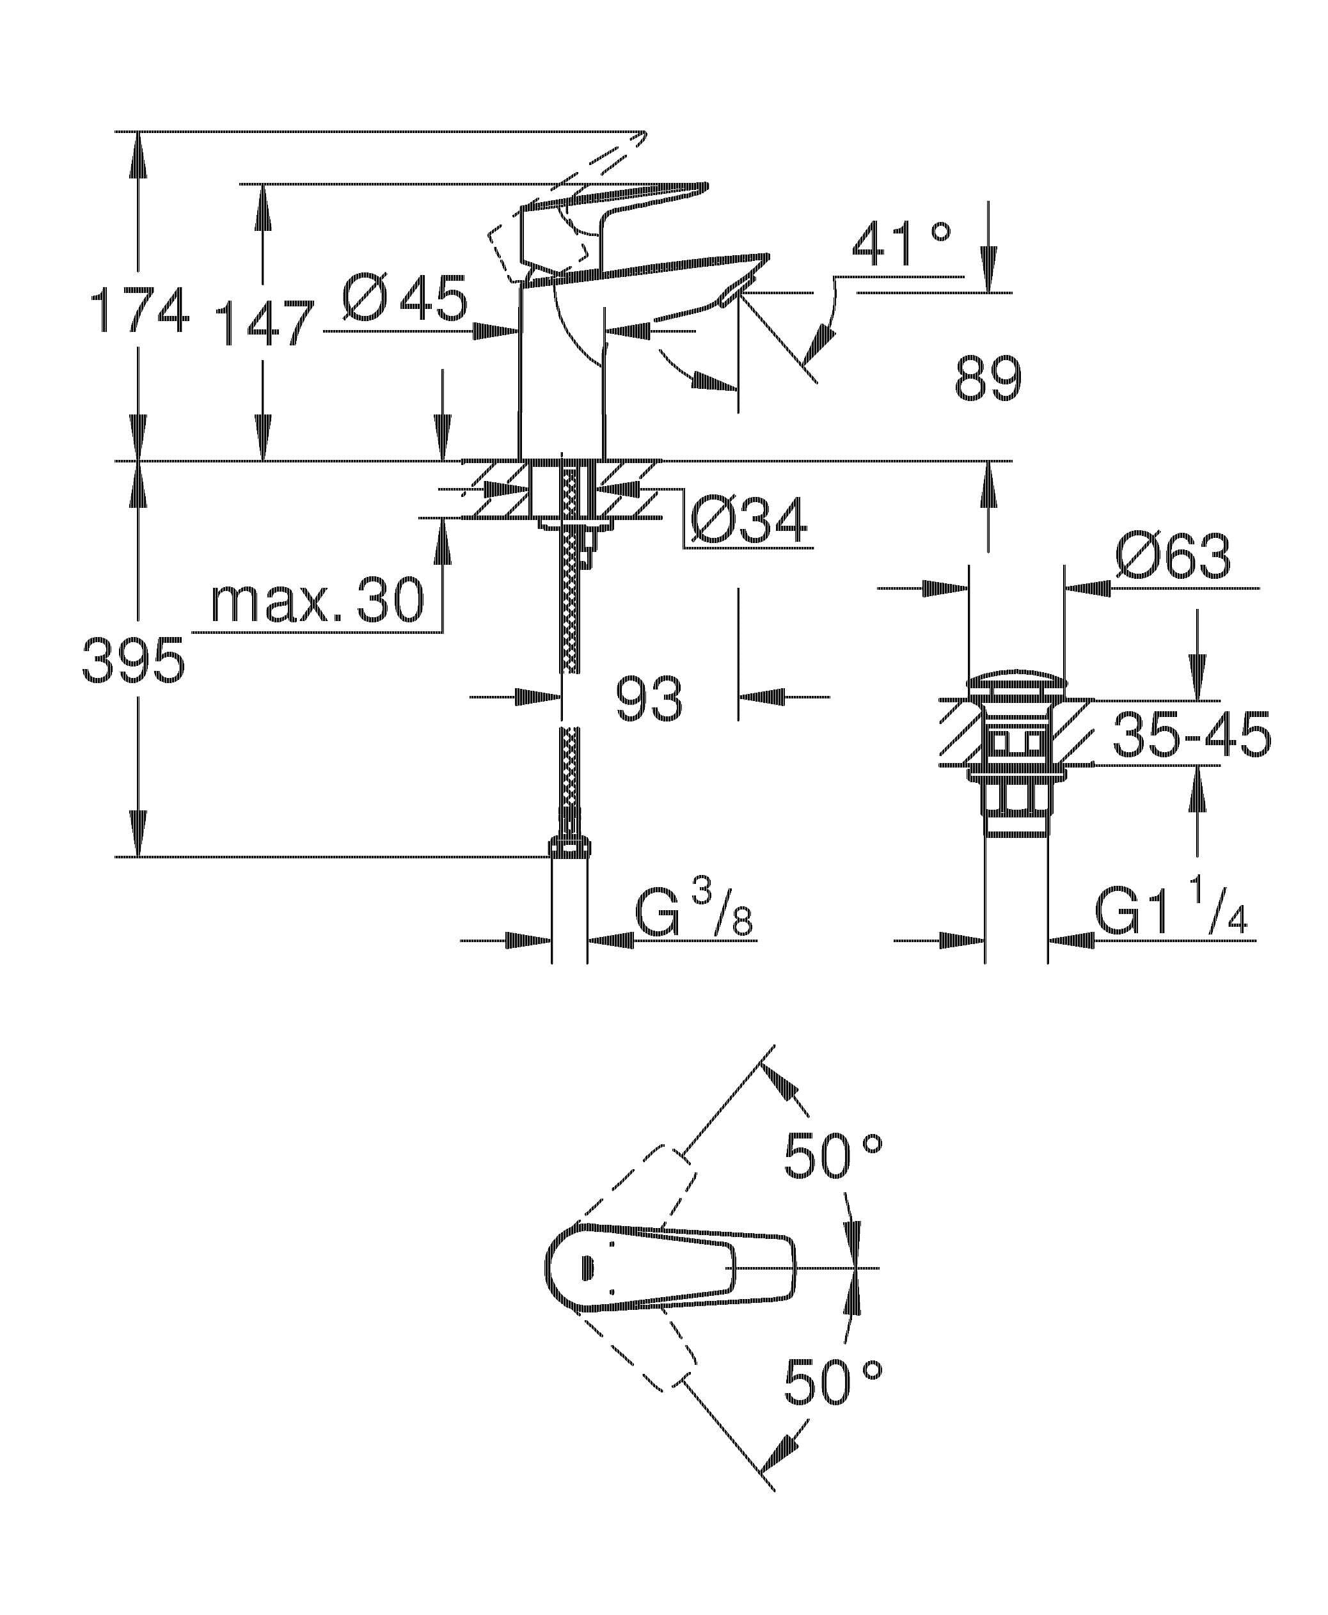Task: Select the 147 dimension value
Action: [264, 323]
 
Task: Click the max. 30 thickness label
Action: [317, 601]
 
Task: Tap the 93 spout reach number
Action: [649, 698]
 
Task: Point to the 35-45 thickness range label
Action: [1192, 735]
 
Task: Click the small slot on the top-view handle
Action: [587, 1268]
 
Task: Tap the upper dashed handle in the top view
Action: [639, 1194]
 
